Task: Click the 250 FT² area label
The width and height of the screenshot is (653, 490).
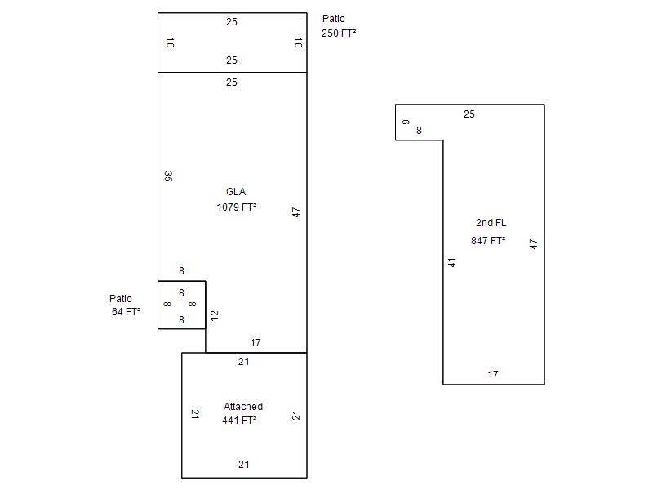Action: point(339,33)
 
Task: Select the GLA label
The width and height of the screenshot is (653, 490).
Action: point(236,192)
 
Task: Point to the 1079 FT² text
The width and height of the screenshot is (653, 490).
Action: point(237,207)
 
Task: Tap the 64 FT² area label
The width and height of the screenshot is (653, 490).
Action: point(127,312)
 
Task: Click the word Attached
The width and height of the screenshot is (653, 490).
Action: point(243,406)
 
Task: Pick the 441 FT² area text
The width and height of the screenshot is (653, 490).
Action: point(239,421)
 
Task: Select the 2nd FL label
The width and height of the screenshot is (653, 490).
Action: point(491,223)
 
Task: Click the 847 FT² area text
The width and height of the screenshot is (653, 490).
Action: point(488,241)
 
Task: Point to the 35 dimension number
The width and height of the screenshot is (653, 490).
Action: point(167,176)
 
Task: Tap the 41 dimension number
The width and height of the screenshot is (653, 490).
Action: point(451,262)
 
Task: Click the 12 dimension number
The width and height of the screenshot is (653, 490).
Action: point(214,314)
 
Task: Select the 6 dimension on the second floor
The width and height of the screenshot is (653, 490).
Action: point(406,122)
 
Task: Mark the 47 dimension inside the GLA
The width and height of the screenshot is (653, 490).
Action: point(296,212)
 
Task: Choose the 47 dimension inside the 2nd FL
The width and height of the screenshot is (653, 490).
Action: point(534,243)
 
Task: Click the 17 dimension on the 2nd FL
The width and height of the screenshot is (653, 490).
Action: point(493,375)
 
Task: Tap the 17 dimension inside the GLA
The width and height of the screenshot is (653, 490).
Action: point(255,343)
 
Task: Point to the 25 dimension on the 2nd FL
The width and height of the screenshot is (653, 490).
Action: point(469,114)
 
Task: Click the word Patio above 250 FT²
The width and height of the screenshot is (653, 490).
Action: point(334,19)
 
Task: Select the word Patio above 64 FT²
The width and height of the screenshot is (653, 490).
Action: point(121,299)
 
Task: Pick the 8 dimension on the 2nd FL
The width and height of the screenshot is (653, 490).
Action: point(419,131)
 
